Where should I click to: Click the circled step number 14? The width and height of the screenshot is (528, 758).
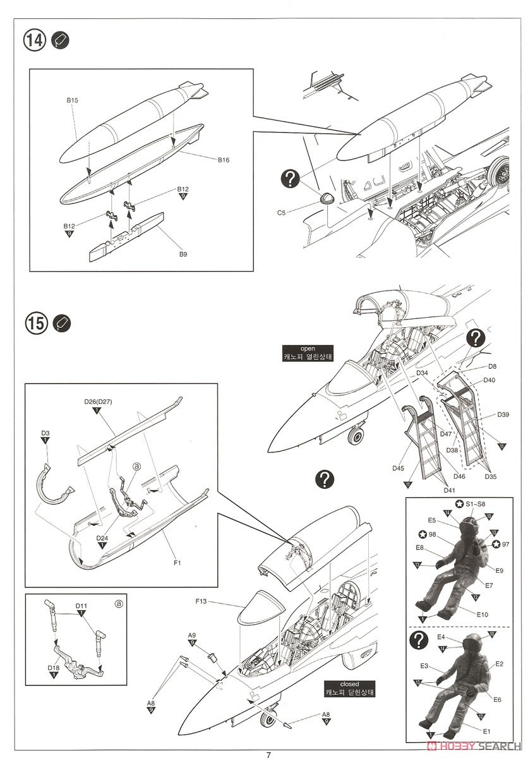pyautogui.click(x=35, y=40)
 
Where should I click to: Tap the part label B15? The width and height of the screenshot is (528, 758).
pyautogui.click(x=71, y=100)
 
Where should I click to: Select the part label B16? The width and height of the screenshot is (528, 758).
pyautogui.click(x=223, y=160)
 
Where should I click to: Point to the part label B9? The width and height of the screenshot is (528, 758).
pyautogui.click(x=183, y=255)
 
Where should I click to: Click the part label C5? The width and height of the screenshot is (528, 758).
pyautogui.click(x=282, y=213)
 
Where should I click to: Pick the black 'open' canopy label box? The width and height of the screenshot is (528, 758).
pyautogui.click(x=307, y=352)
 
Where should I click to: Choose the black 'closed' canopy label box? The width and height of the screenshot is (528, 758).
pyautogui.click(x=349, y=688)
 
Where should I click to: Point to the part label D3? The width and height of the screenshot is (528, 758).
pyautogui.click(x=45, y=433)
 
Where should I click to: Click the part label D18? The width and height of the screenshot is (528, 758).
pyautogui.click(x=54, y=666)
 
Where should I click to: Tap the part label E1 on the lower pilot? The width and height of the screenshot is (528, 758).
pyautogui.click(x=486, y=731)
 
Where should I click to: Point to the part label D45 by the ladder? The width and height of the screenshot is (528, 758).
pyautogui.click(x=397, y=468)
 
